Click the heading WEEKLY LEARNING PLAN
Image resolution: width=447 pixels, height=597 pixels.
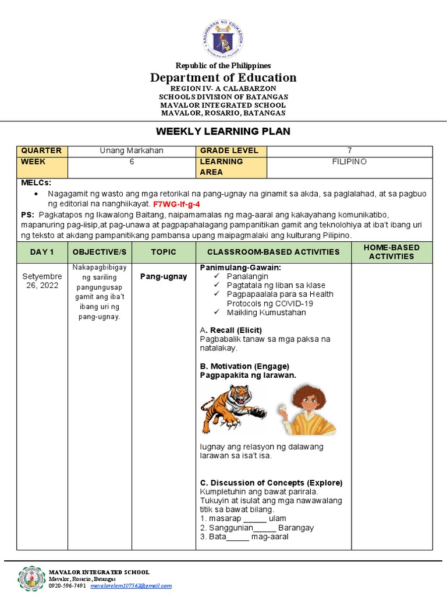223,132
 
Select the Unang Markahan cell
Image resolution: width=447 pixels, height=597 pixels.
132,150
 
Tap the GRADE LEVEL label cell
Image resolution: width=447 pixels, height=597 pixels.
223,150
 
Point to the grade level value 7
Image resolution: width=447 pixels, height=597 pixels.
349,150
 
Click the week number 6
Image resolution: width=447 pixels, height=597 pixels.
132,161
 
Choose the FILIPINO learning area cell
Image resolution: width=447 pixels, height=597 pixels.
349,161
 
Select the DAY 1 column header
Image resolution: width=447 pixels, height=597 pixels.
42,252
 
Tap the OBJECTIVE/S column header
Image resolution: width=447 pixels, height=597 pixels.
100,252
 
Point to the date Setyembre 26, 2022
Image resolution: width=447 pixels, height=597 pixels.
42,281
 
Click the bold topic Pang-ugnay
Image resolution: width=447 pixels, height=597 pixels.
164,276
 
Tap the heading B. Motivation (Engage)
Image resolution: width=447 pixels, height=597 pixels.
244,366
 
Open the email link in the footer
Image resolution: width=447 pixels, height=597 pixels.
131,586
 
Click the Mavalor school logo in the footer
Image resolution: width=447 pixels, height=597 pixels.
32,578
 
